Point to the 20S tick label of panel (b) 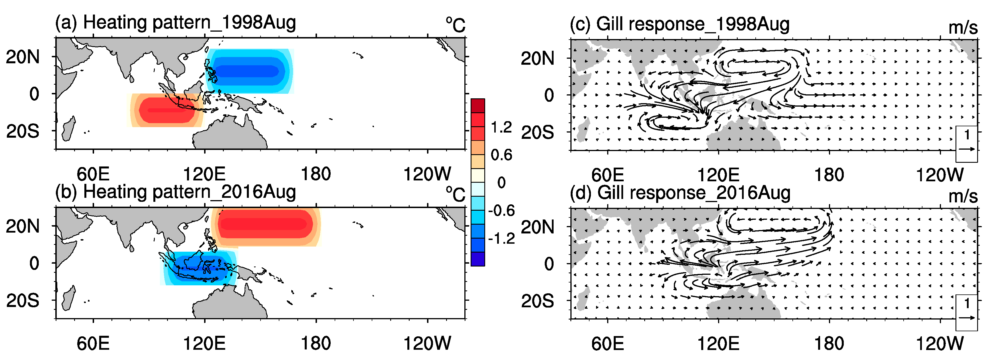(x=23, y=301)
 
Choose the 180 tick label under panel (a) (x=316, y=174)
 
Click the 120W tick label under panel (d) (x=939, y=343)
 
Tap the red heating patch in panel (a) (x=166, y=110)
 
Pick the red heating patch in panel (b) (x=266, y=224)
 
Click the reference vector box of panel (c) (x=966, y=144)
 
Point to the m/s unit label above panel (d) (x=963, y=196)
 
